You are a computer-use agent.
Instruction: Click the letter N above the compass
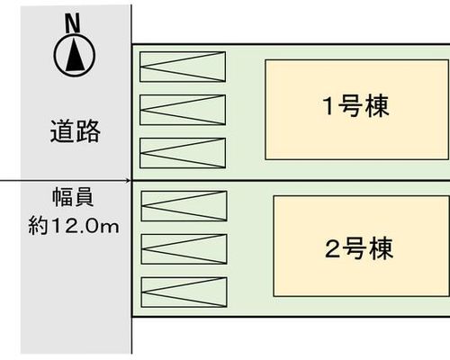pyautogui.click(x=73, y=23)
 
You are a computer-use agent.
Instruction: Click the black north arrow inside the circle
pyautogui.click(x=75, y=56)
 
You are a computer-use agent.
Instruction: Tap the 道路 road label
pyautogui.click(x=75, y=131)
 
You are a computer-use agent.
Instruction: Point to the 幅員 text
pyautogui.click(x=73, y=197)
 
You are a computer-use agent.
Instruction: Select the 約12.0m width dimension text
pyautogui.click(x=74, y=226)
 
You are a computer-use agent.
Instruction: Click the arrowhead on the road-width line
pyautogui.click(x=129, y=181)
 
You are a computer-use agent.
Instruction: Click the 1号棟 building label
pyautogui.click(x=355, y=106)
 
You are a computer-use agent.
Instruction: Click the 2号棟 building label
pyautogui.click(x=359, y=248)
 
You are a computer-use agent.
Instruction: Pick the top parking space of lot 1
pyautogui.click(x=183, y=67)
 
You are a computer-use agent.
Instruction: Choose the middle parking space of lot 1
pyautogui.click(x=183, y=110)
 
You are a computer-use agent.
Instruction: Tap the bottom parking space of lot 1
pyautogui.click(x=183, y=153)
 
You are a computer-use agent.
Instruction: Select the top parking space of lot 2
pyautogui.click(x=184, y=206)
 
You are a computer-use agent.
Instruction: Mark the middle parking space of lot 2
pyautogui.click(x=184, y=249)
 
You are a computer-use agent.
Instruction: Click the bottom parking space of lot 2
pyautogui.click(x=184, y=292)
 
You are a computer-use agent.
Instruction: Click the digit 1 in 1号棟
pyautogui.click(x=328, y=106)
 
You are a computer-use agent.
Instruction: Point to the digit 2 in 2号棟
pyautogui.click(x=332, y=249)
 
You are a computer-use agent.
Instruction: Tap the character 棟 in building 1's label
pyautogui.click(x=377, y=106)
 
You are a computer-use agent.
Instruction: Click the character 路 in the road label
pyautogui.click(x=87, y=131)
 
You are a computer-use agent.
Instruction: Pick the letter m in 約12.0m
pyautogui.click(x=111, y=227)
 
